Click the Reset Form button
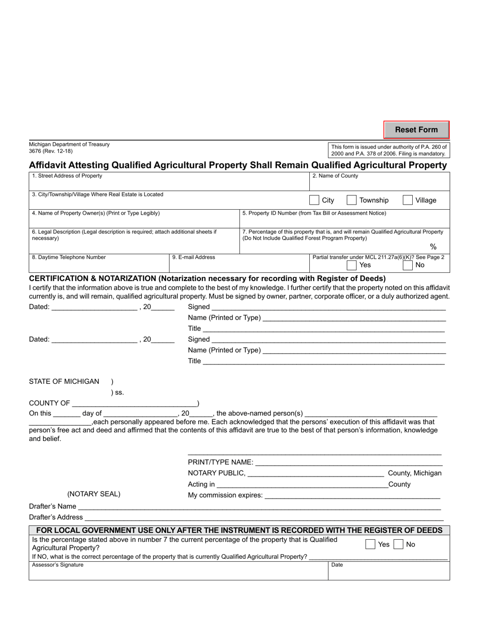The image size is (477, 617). (x=416, y=130)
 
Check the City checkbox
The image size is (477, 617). (x=314, y=200)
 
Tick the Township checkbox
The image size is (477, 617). (x=351, y=200)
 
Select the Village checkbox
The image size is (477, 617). (x=408, y=200)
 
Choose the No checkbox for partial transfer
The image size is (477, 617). (x=408, y=265)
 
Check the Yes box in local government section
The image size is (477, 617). (x=371, y=544)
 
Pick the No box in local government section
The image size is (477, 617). (x=398, y=544)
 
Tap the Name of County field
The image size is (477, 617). (x=379, y=183)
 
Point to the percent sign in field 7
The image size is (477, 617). (x=433, y=247)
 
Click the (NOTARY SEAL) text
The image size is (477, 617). (x=94, y=494)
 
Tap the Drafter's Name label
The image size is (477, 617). (x=53, y=506)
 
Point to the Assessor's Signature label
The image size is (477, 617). (x=58, y=565)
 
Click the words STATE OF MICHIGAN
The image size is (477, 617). (x=64, y=381)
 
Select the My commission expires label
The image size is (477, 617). (x=225, y=495)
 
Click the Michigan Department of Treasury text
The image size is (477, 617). (x=69, y=144)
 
